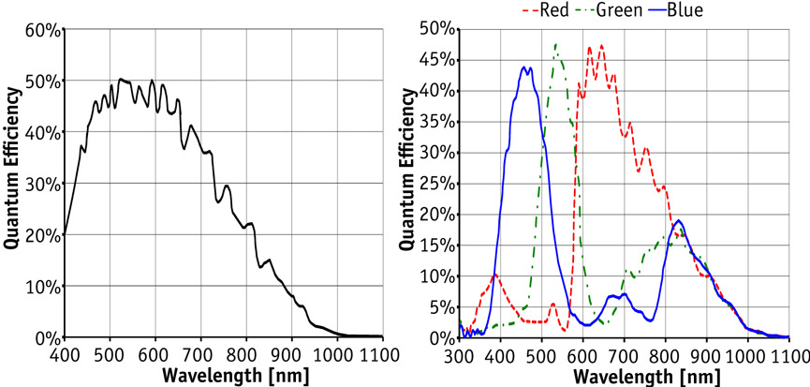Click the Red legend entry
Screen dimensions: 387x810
(x=546, y=10)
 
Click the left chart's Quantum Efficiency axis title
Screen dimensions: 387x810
(x=14, y=169)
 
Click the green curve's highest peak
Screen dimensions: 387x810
(x=556, y=43)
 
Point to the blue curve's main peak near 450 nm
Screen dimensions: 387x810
(x=525, y=67)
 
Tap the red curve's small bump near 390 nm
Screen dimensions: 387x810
(x=494, y=275)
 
